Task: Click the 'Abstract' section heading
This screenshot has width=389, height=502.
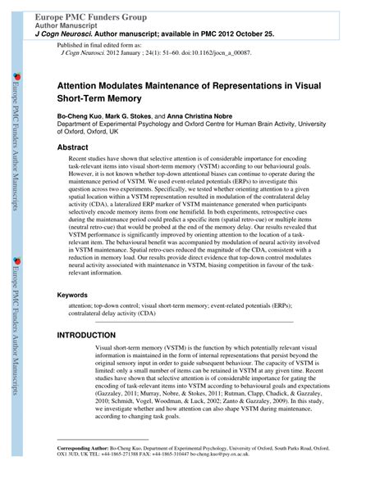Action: pyautogui.click(x=72, y=147)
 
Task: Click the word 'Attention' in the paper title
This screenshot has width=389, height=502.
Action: pyautogui.click(x=81, y=84)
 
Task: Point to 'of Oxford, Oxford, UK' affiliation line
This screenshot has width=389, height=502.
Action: pyautogui.click(x=99, y=133)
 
